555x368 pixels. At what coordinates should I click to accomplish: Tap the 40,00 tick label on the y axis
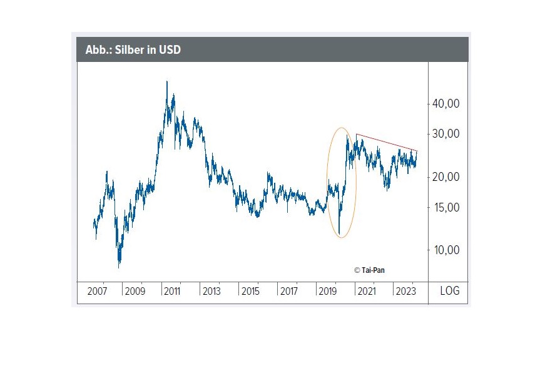pos(446,104)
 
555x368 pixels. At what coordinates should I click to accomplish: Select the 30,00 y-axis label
pos(446,134)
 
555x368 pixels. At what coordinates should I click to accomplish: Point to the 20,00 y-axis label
pos(446,177)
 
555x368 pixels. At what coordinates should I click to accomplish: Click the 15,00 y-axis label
pos(446,208)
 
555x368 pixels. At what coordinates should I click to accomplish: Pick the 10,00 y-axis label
pos(446,250)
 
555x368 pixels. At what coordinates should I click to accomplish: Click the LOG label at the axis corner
pos(449,291)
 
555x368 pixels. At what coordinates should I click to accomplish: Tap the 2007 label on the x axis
pos(97,291)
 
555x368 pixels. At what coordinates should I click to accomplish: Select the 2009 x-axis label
pos(135,291)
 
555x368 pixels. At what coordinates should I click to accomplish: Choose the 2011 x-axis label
pos(173,291)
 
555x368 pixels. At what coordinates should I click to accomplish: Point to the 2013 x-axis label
pos(211,291)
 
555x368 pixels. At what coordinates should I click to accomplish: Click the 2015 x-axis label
pos(250,291)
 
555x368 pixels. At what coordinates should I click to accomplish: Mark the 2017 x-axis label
pos(288,291)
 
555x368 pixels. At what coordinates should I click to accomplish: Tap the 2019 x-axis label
pos(327,291)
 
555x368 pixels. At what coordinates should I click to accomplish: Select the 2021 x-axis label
pos(366,291)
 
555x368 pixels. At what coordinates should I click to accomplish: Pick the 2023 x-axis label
pos(404,291)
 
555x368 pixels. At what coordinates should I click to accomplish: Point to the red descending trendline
pos(387,142)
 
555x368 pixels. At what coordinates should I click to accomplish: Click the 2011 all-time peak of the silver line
pos(166,82)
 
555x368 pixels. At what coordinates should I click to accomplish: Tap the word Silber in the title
pos(131,49)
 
